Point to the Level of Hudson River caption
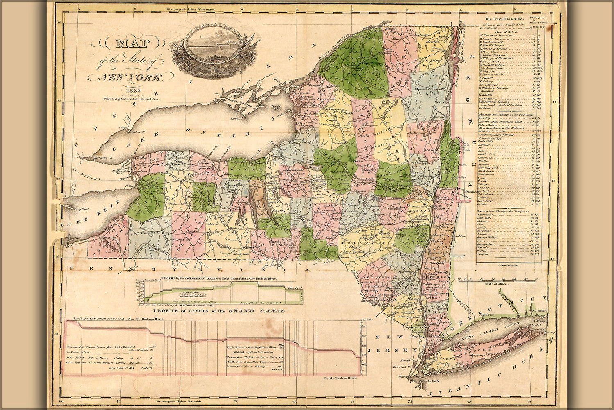pos(340,377)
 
